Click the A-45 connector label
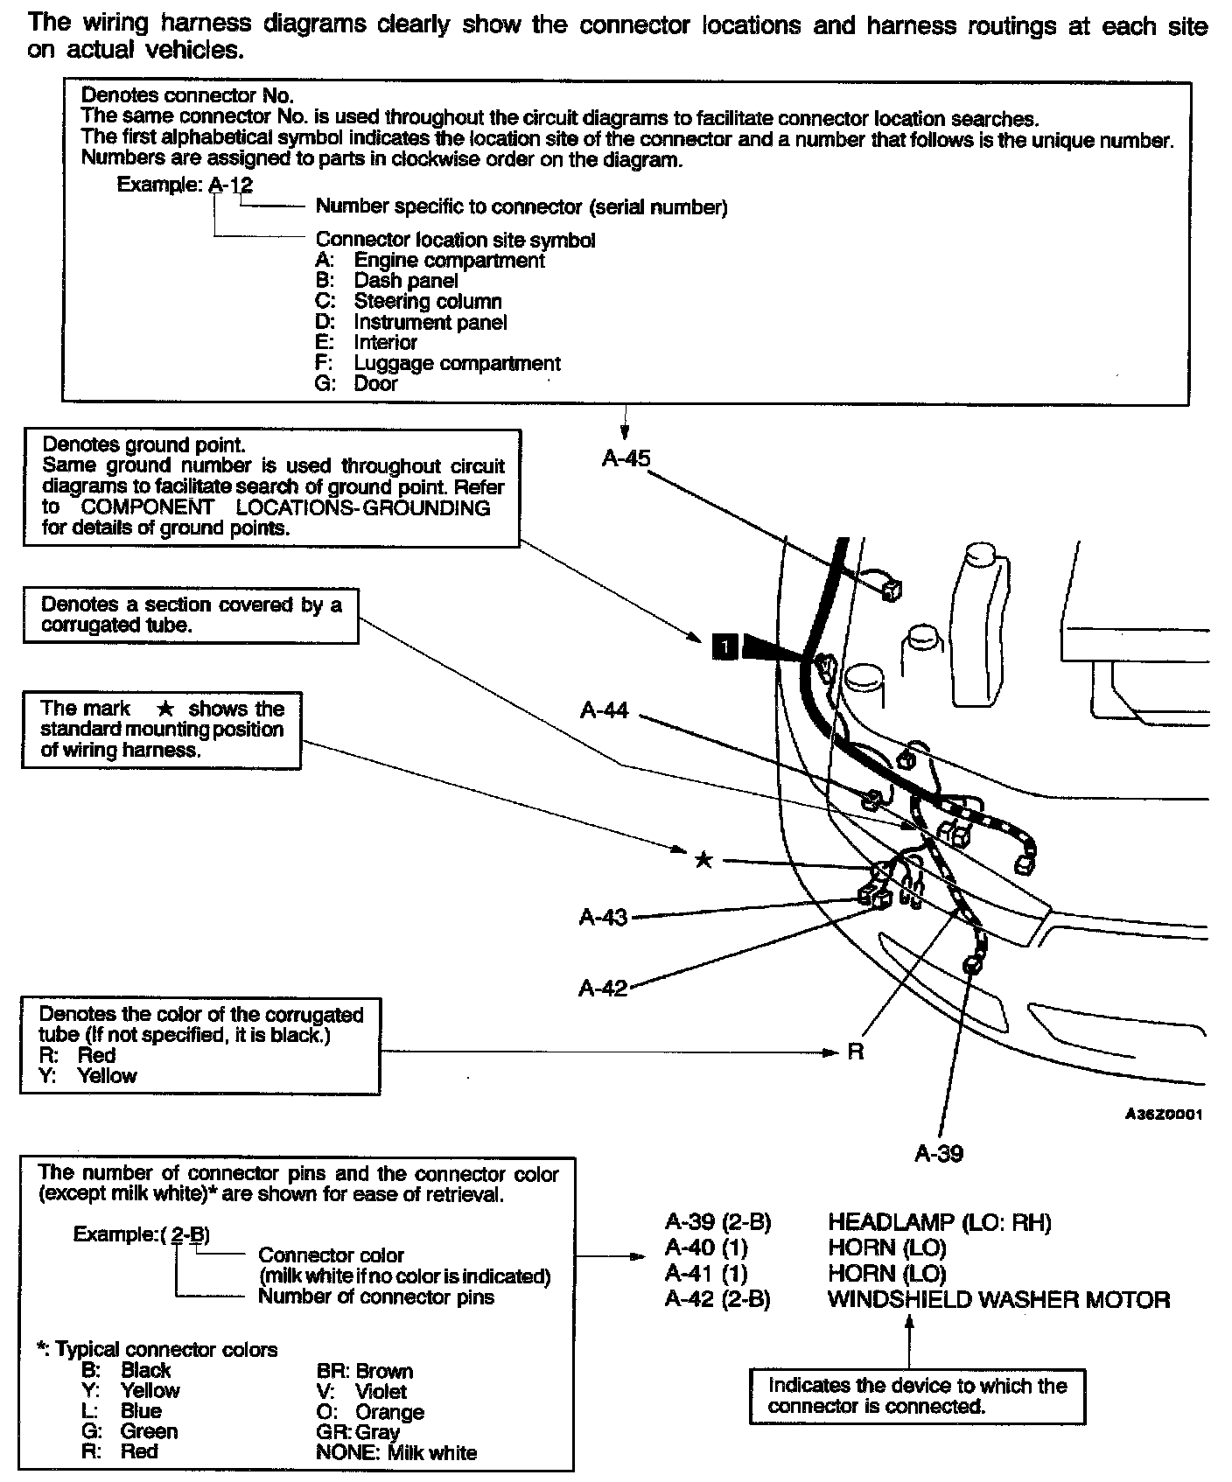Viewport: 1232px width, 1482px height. [626, 458]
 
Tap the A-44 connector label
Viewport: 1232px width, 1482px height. [604, 710]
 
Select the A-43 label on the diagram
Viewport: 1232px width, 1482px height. [603, 917]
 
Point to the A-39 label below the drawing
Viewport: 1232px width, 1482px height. [938, 1153]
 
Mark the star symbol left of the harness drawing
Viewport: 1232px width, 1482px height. [703, 860]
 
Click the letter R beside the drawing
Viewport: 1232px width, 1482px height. [855, 1052]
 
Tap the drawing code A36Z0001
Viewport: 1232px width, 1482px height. [1163, 1115]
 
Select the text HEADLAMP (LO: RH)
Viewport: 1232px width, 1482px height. [939, 1222]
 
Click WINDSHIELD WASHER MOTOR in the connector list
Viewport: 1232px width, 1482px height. [998, 1299]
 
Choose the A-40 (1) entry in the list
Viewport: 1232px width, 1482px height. [706, 1248]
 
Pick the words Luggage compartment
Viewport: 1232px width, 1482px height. [457, 363]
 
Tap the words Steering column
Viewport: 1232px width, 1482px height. [427, 302]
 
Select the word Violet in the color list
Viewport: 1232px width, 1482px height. [381, 1391]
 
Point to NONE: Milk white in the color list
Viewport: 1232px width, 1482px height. [396, 1453]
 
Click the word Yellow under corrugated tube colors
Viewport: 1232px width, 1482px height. [107, 1076]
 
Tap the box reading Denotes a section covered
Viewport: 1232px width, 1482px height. [191, 615]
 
